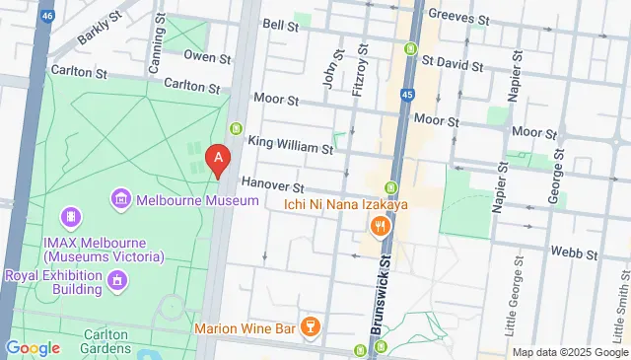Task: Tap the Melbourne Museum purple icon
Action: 121,200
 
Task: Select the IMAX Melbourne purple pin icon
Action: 70,216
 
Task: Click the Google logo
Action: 33,348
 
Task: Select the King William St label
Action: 291,147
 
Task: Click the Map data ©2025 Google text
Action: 569,352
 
